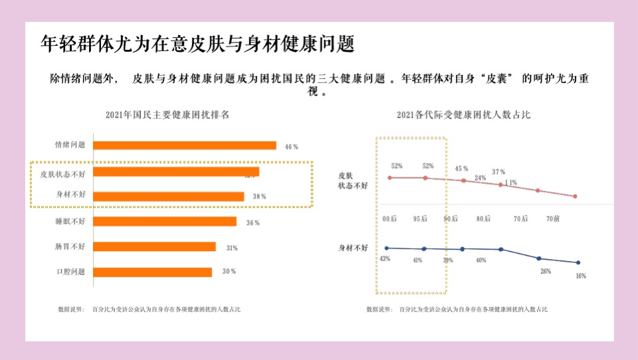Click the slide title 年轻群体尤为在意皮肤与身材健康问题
coord(197,44)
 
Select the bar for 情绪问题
coord(184,145)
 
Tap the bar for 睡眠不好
coord(164,221)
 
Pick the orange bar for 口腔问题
coord(152,272)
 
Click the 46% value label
coord(291,146)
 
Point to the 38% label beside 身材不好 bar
coord(259,197)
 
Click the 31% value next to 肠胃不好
coord(231,248)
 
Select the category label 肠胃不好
coord(70,246)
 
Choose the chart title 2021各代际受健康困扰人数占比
coord(463,115)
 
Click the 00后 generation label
coord(389,219)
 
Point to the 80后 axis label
coord(482,219)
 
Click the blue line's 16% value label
coord(580,276)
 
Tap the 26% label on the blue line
coord(545,271)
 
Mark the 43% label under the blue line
coord(384,259)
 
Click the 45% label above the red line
coord(461,169)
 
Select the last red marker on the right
coord(575,197)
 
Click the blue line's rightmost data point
coord(578,262)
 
